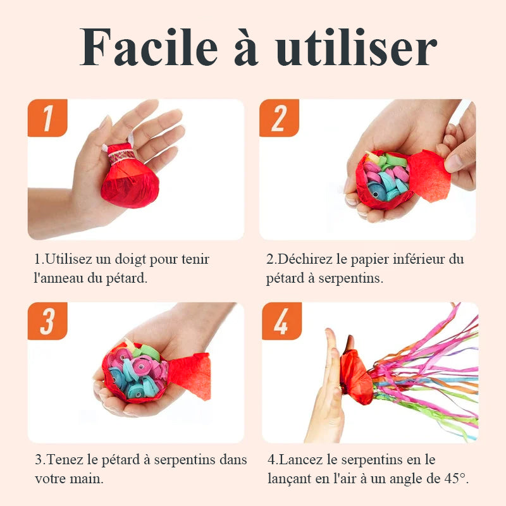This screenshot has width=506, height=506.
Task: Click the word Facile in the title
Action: [149, 47]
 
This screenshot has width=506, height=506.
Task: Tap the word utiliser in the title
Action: [356, 47]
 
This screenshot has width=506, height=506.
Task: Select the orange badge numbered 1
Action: [47, 118]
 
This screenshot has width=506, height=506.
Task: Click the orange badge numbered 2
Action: [279, 118]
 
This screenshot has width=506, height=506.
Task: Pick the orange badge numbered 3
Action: [47, 321]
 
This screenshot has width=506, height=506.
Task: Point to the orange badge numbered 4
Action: [281, 321]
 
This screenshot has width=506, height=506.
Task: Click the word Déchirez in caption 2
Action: [305, 259]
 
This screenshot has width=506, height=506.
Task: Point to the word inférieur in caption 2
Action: [419, 259]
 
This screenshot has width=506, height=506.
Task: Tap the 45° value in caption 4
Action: [455, 478]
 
